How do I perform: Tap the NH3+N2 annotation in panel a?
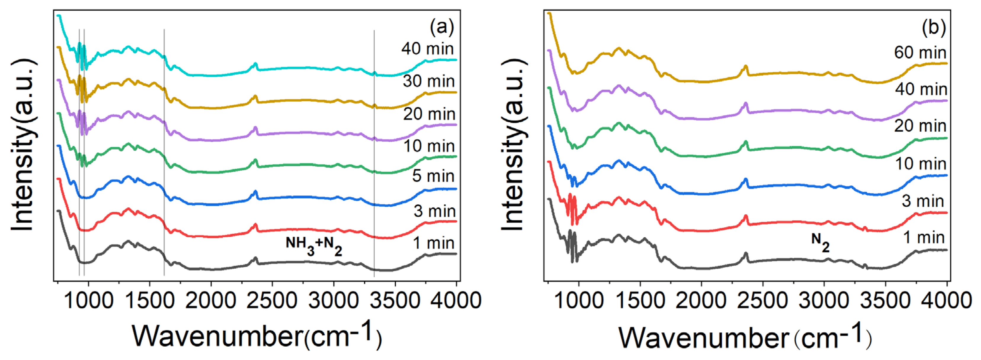[x=314, y=246]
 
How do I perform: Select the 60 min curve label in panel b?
[x=920, y=52]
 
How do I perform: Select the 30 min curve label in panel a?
[x=428, y=81]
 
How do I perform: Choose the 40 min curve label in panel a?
[x=427, y=49]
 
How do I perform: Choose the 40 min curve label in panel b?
[x=921, y=89]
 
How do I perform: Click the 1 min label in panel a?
[x=434, y=243]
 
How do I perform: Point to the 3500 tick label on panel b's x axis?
[x=885, y=301]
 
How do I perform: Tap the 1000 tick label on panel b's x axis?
[x=579, y=301]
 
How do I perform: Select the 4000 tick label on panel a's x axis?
[x=456, y=301]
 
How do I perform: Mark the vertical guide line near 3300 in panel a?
[x=374, y=152]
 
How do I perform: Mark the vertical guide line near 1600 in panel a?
[x=164, y=152]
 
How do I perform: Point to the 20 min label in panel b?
[x=920, y=126]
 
